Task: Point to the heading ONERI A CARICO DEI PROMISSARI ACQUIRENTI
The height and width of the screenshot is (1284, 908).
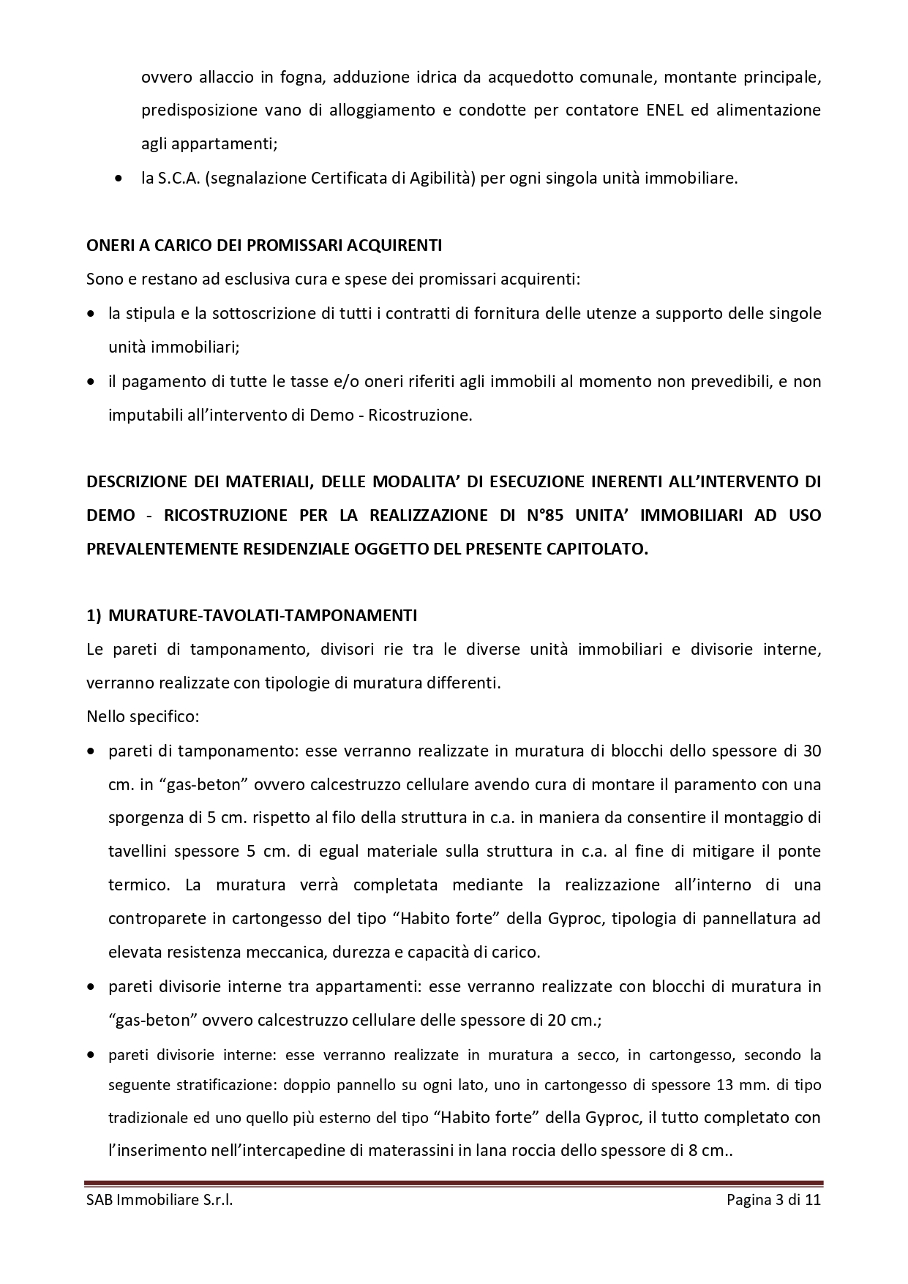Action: [263, 246]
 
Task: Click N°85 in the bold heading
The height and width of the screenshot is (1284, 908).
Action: [544, 515]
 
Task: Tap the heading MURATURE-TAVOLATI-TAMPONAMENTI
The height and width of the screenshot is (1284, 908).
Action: [262, 615]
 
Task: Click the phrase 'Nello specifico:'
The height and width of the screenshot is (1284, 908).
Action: [143, 716]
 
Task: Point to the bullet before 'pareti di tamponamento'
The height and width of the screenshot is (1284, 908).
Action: [91, 751]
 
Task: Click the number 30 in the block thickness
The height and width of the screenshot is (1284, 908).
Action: [811, 751]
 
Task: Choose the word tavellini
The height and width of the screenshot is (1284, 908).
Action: [140, 852]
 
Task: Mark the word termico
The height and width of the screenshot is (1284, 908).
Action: [138, 885]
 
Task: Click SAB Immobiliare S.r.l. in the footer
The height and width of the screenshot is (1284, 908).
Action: [160, 1201]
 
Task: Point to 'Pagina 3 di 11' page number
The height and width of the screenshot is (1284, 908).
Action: [773, 1201]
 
